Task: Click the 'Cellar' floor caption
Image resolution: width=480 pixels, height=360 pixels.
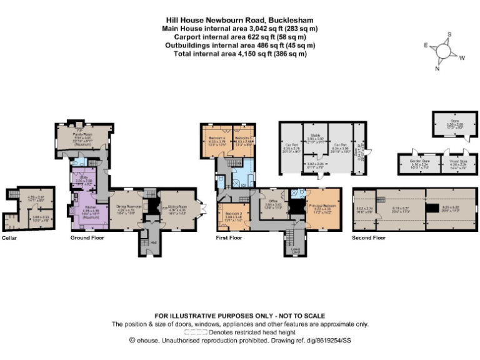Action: tap(10, 238)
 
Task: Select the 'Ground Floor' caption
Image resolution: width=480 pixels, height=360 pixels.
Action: tap(82, 238)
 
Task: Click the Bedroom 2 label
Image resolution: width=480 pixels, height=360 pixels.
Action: tap(233, 214)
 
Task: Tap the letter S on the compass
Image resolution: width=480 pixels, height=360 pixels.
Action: tap(448, 35)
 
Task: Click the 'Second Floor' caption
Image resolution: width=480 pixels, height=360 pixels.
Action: tap(370, 238)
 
